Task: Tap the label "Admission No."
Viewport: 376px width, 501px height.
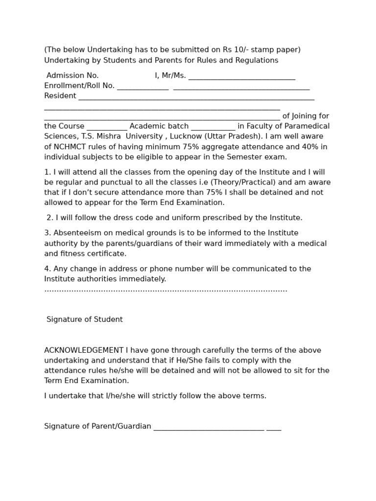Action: pos(72,75)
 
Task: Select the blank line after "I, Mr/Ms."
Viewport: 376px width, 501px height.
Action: pos(241,77)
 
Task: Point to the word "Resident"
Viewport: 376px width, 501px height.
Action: pos(60,96)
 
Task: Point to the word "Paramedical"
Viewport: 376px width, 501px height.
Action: pos(306,126)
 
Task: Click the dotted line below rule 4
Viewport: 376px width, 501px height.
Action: pos(165,290)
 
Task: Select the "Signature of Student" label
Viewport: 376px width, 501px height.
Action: pos(84,319)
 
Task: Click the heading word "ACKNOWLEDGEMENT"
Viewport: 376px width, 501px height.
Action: pos(84,350)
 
